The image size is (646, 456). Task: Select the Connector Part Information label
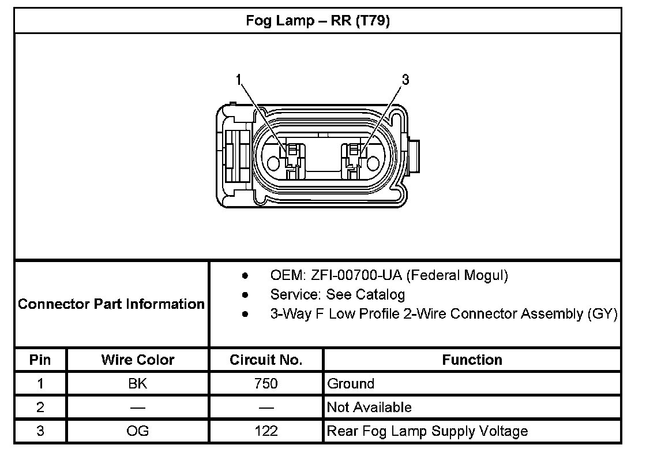click(111, 304)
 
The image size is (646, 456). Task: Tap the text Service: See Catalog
click(337, 294)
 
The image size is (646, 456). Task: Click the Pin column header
click(40, 360)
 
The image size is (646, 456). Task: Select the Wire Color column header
click(138, 360)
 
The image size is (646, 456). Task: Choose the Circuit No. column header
click(266, 360)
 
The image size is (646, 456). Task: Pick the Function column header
click(472, 360)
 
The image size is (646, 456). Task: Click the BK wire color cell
click(138, 384)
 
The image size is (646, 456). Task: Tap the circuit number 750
click(266, 384)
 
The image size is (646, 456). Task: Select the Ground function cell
click(351, 384)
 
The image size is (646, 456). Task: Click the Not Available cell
click(369, 408)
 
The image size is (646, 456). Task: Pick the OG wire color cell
click(138, 431)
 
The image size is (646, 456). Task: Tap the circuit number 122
click(266, 431)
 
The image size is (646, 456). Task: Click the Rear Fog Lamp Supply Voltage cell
click(427, 431)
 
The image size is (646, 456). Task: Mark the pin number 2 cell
click(40, 408)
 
